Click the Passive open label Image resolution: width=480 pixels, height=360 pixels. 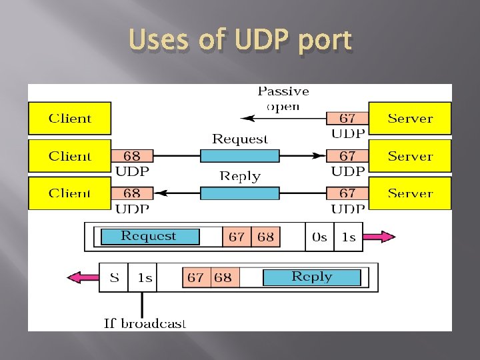click(283, 98)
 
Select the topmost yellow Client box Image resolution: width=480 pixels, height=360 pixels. click(69, 119)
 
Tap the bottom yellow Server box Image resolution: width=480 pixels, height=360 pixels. click(410, 194)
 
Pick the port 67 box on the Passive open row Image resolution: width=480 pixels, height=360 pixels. click(347, 119)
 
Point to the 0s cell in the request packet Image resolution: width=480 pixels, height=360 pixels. click(319, 237)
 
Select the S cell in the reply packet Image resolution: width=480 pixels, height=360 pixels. click(114, 277)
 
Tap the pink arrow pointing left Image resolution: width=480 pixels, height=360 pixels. click(84, 277)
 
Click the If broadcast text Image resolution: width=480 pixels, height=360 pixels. click(145, 323)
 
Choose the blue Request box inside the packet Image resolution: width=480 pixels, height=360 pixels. click(149, 237)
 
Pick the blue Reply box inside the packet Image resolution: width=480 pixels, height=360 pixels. click(311, 277)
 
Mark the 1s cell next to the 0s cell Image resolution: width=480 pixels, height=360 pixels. click(348, 237)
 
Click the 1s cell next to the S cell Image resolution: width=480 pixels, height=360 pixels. click(145, 277)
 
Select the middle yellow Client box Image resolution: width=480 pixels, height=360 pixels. click(69, 156)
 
